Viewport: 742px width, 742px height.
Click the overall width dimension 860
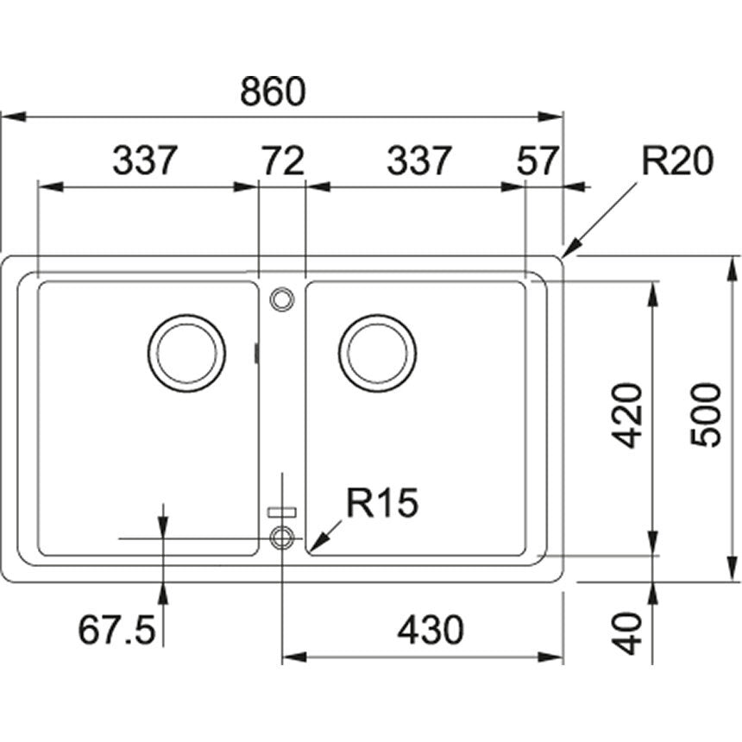[273, 91]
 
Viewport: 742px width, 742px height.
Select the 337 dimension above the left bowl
[145, 160]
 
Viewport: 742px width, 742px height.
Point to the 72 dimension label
[282, 160]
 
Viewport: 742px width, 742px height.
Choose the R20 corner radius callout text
[677, 160]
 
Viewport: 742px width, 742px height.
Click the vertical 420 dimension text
[629, 414]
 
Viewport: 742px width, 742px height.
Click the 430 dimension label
[430, 631]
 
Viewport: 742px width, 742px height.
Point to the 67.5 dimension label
[117, 631]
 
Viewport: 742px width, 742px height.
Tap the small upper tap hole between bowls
[281, 299]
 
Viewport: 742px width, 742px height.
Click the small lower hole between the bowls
[281, 538]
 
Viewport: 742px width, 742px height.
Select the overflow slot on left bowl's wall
[256, 353]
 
